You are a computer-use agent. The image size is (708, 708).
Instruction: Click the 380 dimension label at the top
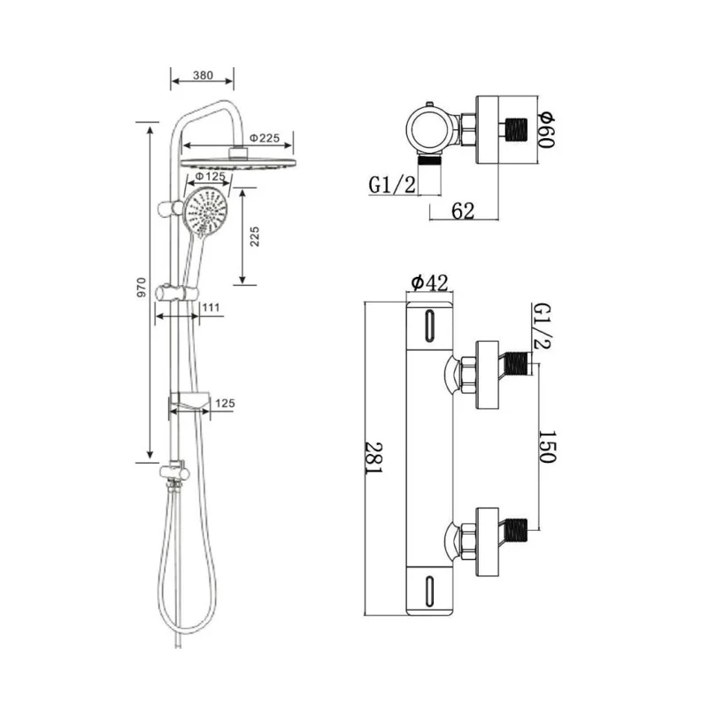pyautogui.click(x=202, y=76)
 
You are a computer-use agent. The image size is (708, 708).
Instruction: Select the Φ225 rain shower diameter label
pyautogui.click(x=265, y=138)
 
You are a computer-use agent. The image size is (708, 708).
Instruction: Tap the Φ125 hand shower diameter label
pyautogui.click(x=209, y=177)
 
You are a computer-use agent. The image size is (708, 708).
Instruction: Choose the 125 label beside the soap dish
pyautogui.click(x=224, y=404)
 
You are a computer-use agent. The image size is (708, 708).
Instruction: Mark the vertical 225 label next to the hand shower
pyautogui.click(x=255, y=236)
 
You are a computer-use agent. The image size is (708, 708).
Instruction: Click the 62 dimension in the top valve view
pyautogui.click(x=463, y=211)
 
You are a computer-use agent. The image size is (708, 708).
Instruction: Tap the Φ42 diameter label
pyautogui.click(x=429, y=282)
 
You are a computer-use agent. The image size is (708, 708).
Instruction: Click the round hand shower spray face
pyautogui.click(x=207, y=212)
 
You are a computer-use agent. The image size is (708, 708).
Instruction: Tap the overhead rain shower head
pyautogui.click(x=237, y=162)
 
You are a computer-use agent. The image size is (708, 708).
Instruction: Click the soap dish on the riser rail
pyautogui.click(x=189, y=405)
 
